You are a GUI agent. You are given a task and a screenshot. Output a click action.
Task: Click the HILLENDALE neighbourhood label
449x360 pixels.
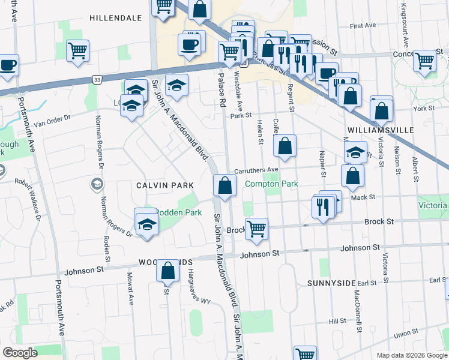click(x=116, y=18)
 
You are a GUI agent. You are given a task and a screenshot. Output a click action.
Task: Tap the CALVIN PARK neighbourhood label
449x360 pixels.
click(x=151, y=185)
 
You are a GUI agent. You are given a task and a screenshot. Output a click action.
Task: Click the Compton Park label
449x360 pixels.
click(x=271, y=184)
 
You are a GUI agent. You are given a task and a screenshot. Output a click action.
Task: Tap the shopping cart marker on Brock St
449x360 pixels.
click(x=256, y=229)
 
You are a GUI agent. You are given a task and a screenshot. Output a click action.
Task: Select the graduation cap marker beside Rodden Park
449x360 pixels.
click(x=146, y=223)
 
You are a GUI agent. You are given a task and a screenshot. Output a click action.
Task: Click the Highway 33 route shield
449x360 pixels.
click(x=97, y=79)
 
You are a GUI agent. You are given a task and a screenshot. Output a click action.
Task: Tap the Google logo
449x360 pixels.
click(x=20, y=353)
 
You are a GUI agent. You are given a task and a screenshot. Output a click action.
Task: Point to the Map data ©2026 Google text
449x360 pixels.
click(x=411, y=355)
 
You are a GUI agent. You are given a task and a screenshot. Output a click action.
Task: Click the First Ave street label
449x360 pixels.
click(x=363, y=26)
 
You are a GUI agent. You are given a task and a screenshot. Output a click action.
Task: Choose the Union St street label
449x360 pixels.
click(x=406, y=333)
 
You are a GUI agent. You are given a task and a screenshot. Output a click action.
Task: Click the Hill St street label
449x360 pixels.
click(x=338, y=321)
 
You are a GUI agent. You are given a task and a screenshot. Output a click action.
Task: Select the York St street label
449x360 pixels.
click(x=423, y=109)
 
